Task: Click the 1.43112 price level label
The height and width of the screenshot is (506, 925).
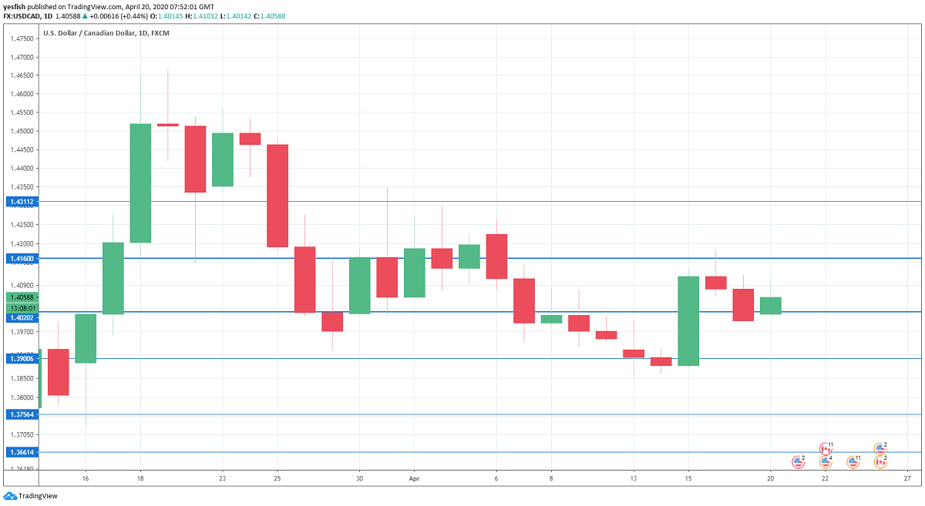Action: [x=20, y=202]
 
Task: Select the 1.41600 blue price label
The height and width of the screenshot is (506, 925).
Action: [x=20, y=260]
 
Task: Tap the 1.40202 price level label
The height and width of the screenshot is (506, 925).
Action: [x=20, y=317]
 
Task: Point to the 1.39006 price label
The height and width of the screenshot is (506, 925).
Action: [x=20, y=358]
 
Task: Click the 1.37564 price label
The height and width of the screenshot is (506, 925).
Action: [x=20, y=414]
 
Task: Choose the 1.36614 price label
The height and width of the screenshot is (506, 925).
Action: [x=20, y=452]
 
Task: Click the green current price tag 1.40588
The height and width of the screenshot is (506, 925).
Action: [x=20, y=297]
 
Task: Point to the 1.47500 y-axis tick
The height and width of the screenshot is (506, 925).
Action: [x=22, y=39]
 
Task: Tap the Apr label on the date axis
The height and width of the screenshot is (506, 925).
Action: [x=414, y=478]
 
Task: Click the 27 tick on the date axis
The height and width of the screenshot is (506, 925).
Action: [x=907, y=478]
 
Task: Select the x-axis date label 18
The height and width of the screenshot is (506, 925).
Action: [x=140, y=478]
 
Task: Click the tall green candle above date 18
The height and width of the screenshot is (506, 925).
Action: [x=140, y=183]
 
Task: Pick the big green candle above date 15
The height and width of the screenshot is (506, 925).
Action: [x=688, y=320]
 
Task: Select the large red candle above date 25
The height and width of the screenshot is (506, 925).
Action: [x=277, y=196]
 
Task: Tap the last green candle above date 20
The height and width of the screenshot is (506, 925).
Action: [x=771, y=306]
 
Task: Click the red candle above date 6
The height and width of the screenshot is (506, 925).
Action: [x=496, y=256]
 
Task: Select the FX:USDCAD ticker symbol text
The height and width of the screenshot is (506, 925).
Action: [x=22, y=16]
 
